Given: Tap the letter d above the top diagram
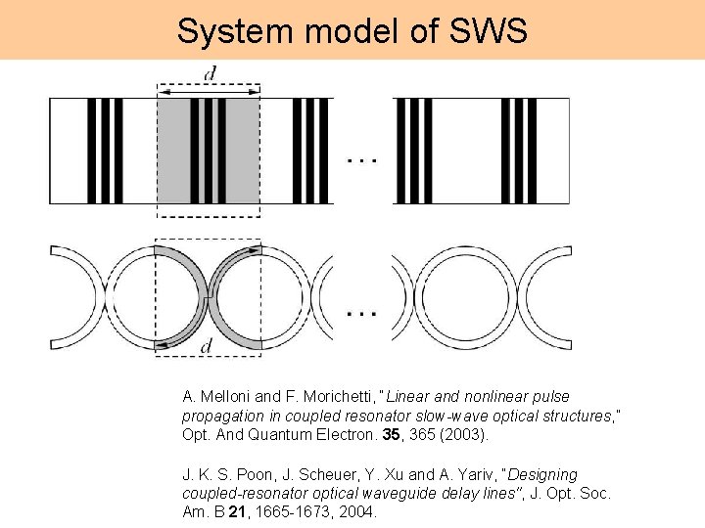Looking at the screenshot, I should [x=210, y=73].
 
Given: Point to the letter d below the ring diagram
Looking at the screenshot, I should [x=207, y=346].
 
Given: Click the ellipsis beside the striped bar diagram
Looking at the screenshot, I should [x=363, y=160].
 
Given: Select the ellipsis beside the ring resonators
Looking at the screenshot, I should [x=362, y=313].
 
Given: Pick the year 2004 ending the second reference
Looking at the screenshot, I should [x=356, y=512].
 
